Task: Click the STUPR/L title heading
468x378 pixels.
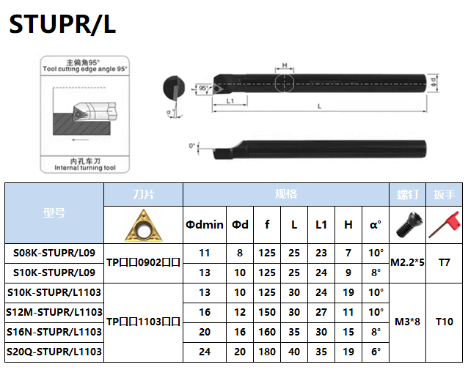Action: [x=62, y=26]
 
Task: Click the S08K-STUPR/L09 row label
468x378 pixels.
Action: [x=54, y=253]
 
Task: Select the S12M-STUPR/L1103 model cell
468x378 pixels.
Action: [x=54, y=312]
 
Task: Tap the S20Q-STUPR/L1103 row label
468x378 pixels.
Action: [x=54, y=352]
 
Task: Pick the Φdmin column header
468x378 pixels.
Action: [x=204, y=225]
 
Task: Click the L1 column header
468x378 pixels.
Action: [x=321, y=225]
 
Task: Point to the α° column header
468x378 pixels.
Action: [x=376, y=225]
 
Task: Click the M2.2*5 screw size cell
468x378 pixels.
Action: [x=407, y=262]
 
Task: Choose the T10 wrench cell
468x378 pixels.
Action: [x=445, y=322]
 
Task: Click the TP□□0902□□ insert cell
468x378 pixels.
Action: [x=143, y=262]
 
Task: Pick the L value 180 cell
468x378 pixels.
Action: [x=267, y=352]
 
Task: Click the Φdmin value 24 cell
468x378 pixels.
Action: [x=204, y=352]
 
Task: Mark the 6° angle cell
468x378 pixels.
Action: [x=376, y=352]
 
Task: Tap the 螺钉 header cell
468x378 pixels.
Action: [x=407, y=194]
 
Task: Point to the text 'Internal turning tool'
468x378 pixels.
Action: [x=85, y=168]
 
